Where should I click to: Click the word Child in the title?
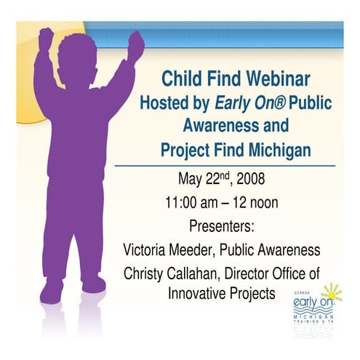[180, 79]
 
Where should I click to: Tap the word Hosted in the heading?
[164, 103]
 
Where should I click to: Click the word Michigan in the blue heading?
[279, 151]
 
